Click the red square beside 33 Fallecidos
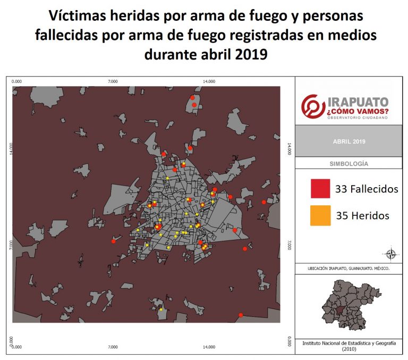point(320,188)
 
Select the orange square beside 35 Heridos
point(320,215)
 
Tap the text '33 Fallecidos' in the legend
point(367,189)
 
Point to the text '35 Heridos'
point(363,215)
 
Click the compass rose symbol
point(392,254)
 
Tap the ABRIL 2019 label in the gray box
point(348,141)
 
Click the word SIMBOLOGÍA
point(348,164)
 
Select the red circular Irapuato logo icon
point(312,106)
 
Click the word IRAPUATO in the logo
point(358,102)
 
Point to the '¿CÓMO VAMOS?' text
point(358,112)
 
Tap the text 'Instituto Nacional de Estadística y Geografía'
point(348,344)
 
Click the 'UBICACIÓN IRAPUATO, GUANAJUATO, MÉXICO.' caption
point(348,269)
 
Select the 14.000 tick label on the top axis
point(209,81)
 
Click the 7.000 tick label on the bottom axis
point(113,347)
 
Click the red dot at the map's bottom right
point(241,315)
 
